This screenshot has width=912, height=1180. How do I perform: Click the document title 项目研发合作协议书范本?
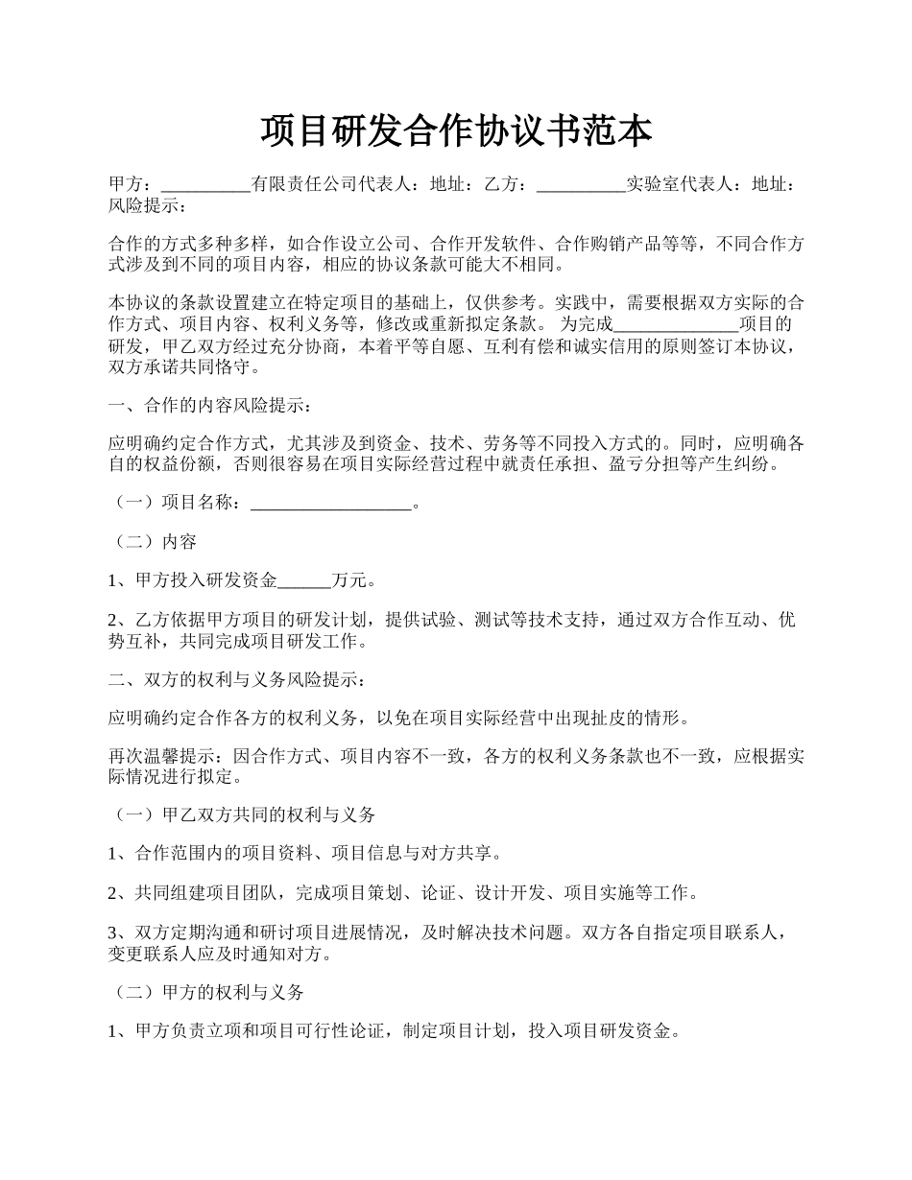click(x=456, y=130)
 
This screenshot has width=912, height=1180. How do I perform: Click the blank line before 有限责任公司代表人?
click(x=204, y=185)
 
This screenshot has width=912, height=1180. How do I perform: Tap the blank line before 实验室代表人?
click(x=581, y=185)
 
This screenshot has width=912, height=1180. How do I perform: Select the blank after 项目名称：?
click(x=330, y=503)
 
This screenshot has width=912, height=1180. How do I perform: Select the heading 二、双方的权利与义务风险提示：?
click(x=236, y=679)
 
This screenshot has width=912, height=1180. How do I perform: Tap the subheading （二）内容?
click(x=155, y=542)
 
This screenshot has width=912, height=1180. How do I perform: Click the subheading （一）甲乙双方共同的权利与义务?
click(x=244, y=814)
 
